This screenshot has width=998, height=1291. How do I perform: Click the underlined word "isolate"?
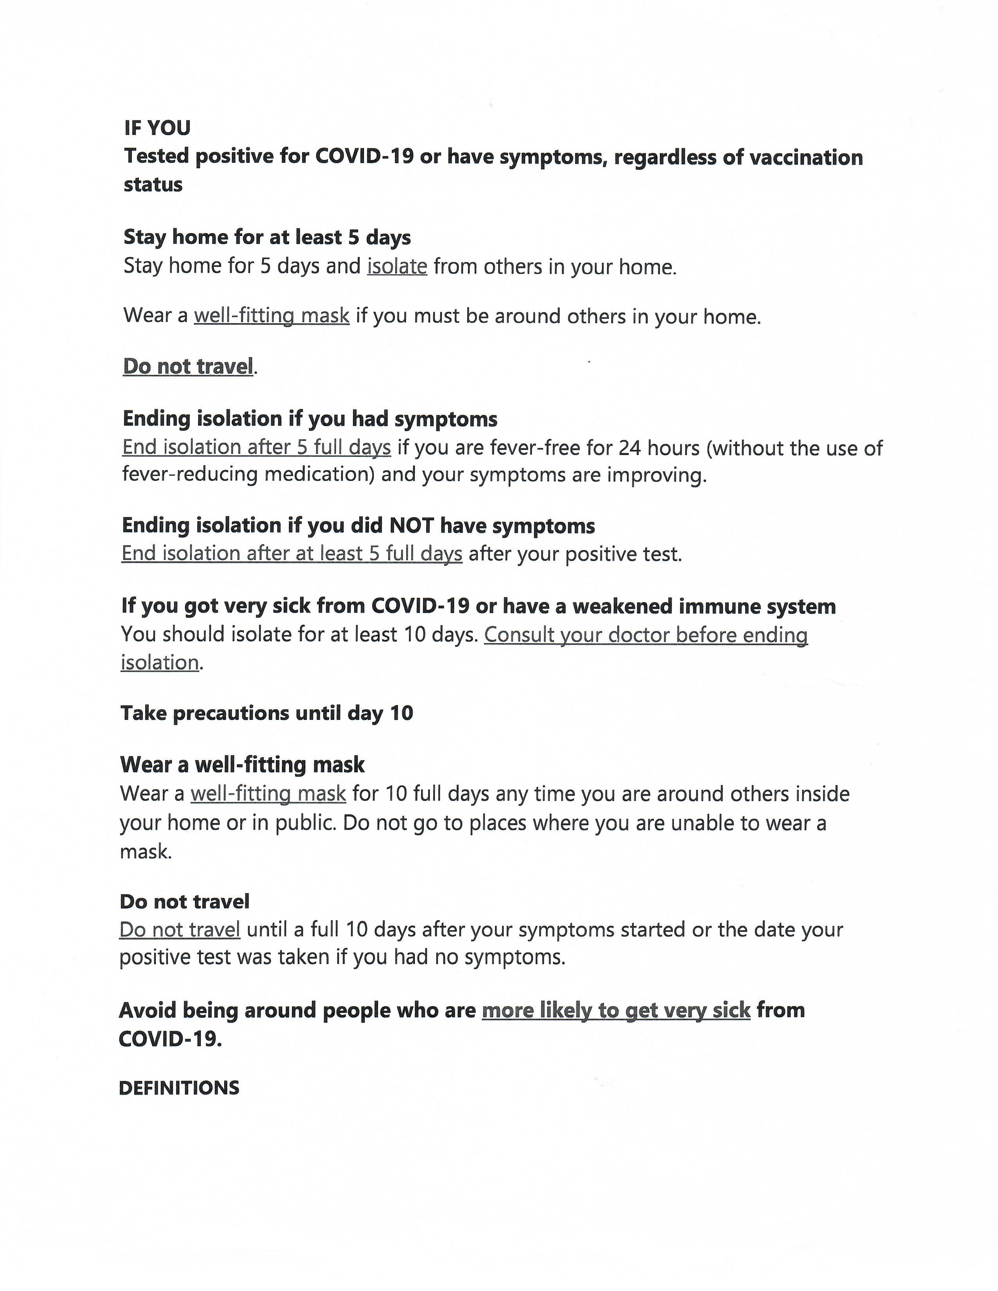click(x=397, y=266)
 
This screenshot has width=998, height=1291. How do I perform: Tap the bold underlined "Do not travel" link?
click(x=188, y=367)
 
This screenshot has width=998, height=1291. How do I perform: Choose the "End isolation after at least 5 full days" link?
click(x=292, y=554)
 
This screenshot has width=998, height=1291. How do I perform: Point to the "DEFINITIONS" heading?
click(x=179, y=1088)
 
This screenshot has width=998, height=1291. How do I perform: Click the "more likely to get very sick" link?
click(x=616, y=1010)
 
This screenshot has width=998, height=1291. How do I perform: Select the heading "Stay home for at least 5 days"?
click(x=267, y=237)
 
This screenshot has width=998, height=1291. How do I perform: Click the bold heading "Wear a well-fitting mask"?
click(x=242, y=765)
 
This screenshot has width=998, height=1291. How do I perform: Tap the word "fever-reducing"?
click(x=190, y=475)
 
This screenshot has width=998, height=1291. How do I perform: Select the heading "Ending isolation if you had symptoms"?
click(x=310, y=419)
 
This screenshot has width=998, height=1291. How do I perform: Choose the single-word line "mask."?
click(x=146, y=852)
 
